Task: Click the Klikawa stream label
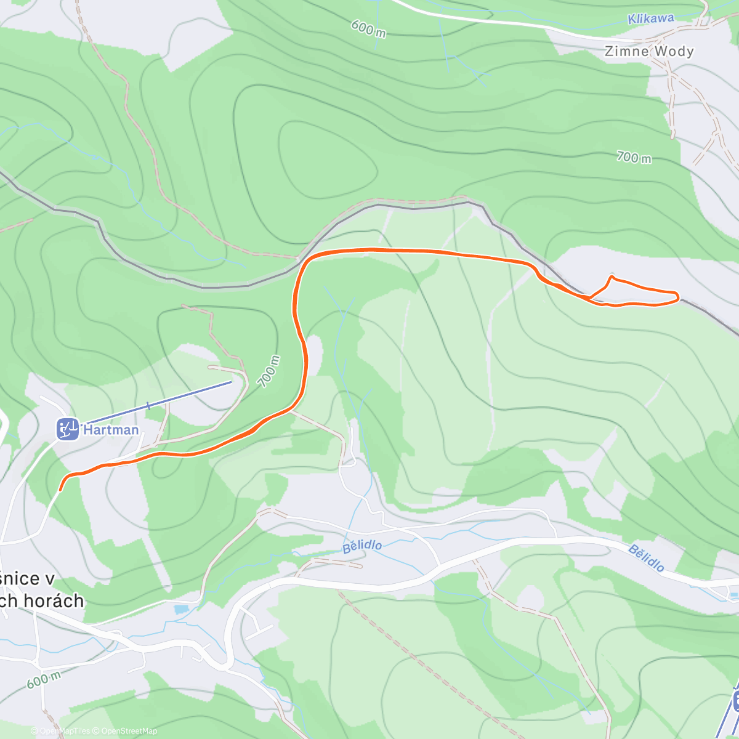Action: click(x=650, y=18)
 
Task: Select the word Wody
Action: click(x=674, y=51)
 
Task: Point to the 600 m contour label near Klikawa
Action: click(x=368, y=28)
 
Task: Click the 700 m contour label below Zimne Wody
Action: click(x=634, y=158)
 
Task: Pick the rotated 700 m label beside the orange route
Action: click(x=269, y=371)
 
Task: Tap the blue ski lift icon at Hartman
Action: click(x=68, y=429)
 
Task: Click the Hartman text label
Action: click(x=111, y=429)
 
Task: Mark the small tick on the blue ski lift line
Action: click(x=148, y=406)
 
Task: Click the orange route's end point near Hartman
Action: click(x=60, y=490)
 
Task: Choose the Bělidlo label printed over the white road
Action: click(x=646, y=558)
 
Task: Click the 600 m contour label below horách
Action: click(x=43, y=680)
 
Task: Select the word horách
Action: click(x=52, y=600)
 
